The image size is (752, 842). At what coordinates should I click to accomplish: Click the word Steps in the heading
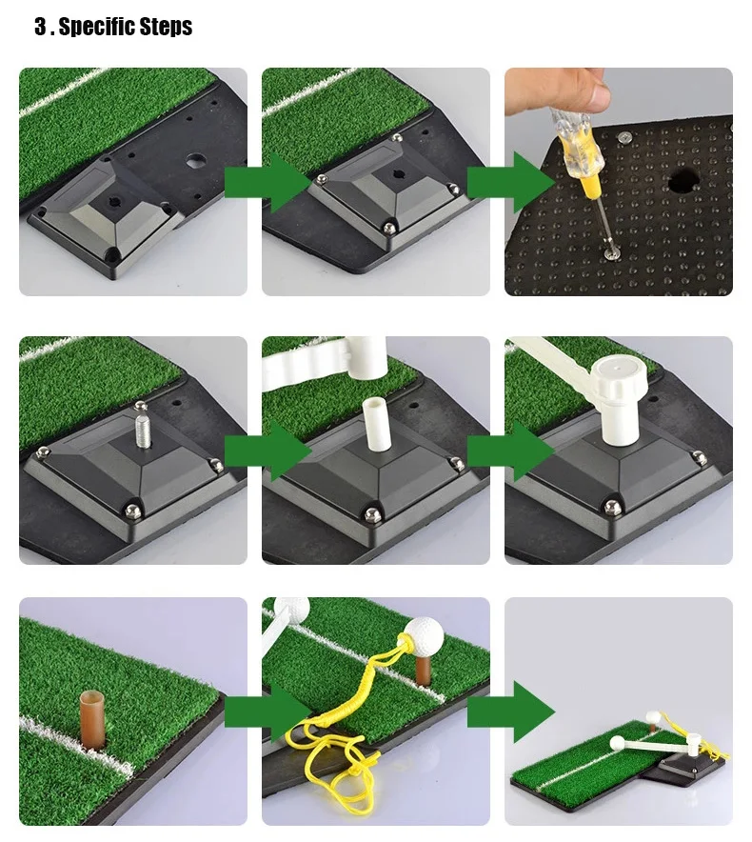coord(166,27)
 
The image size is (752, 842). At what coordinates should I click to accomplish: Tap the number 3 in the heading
coord(40,26)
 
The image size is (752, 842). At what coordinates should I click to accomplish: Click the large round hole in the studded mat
coord(683,181)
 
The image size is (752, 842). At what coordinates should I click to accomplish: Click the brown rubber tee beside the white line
coord(93,718)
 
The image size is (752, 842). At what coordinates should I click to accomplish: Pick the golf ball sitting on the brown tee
coord(424,633)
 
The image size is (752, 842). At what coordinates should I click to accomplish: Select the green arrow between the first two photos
coord(267,182)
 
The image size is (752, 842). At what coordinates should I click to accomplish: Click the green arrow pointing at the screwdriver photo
coord(510,182)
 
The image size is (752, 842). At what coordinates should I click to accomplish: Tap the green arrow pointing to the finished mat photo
coord(510,712)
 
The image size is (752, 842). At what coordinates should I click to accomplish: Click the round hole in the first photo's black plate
coord(196,161)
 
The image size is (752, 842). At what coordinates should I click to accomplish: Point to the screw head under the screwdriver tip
coord(609,252)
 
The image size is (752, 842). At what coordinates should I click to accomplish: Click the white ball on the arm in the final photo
coord(617,743)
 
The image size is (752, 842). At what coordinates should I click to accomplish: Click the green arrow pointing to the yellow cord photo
coord(267,712)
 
